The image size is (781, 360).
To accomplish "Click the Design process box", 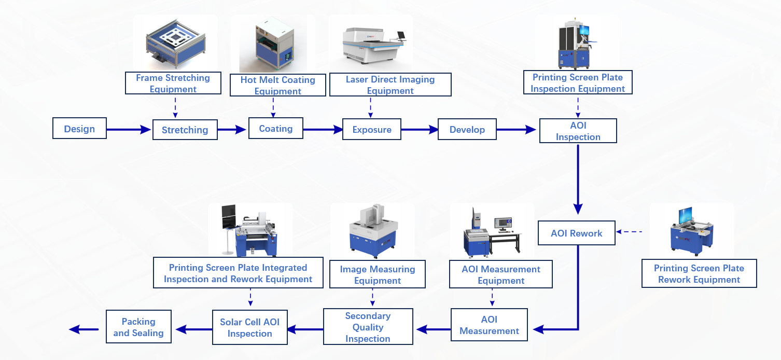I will click(79, 129).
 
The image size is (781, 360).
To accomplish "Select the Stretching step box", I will click(185, 130).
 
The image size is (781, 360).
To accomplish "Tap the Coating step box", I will click(275, 128).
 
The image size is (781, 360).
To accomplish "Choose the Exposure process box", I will click(371, 129).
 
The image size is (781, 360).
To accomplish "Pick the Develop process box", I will click(467, 129).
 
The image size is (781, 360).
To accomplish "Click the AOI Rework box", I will click(576, 233).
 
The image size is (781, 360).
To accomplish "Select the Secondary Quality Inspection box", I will click(368, 327).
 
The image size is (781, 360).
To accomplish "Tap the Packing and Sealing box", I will click(138, 327).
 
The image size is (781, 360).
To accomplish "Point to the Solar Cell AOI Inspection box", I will click(249, 327).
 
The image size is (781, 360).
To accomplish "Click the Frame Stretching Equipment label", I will click(173, 83).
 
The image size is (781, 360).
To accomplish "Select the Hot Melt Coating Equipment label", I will click(277, 85).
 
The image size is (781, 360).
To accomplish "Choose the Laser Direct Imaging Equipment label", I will click(390, 85).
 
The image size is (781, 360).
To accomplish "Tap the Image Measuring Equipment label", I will click(377, 274).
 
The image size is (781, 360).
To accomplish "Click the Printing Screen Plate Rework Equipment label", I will click(699, 273).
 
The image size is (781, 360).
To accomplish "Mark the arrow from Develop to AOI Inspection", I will click(517, 130).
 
